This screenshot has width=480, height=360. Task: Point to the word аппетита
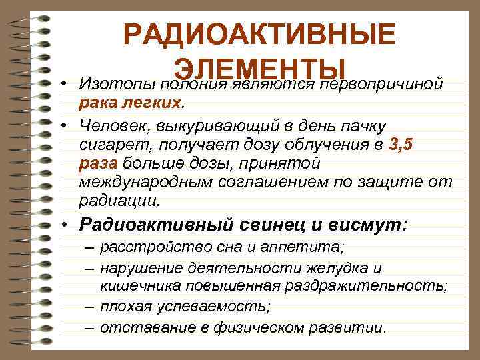click(x=309, y=249)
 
